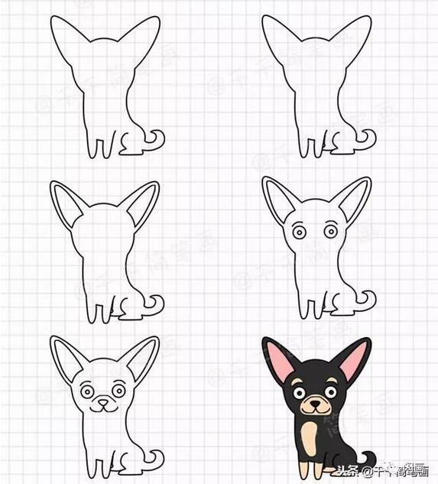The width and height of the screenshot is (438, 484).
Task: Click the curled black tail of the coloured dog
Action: [367, 459]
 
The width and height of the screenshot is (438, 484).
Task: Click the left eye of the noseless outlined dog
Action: [299, 231]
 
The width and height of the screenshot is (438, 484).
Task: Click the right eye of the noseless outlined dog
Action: [330, 230]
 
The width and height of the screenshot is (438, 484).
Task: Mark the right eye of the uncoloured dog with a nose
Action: [118, 390]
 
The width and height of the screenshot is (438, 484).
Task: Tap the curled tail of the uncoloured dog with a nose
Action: [155, 459]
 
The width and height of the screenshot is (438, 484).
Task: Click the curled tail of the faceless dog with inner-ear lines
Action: [155, 304]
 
